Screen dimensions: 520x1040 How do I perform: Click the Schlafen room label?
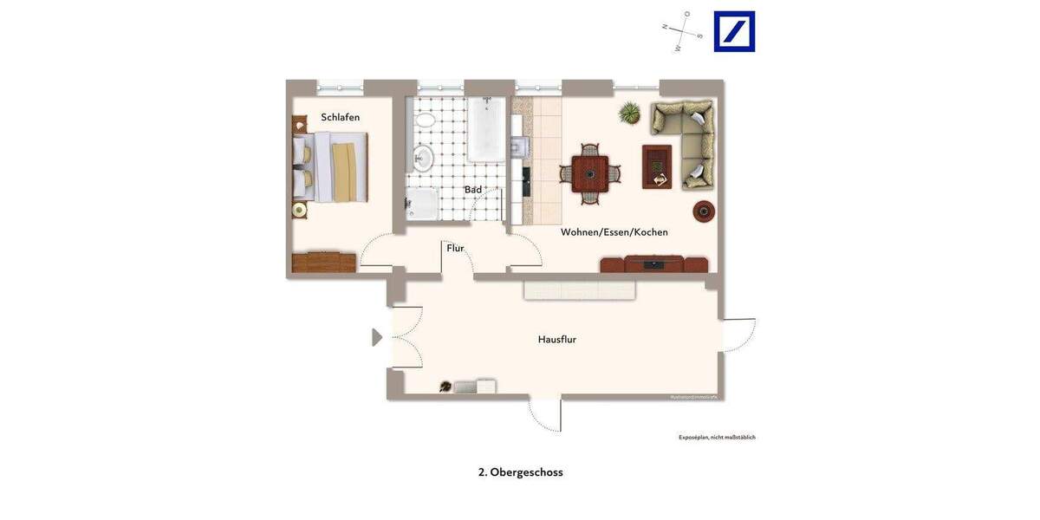(x=340, y=117)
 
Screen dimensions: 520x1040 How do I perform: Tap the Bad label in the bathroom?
(x=472, y=190)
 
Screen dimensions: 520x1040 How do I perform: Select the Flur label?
(x=455, y=248)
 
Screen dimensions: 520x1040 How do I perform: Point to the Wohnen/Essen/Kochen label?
(x=614, y=232)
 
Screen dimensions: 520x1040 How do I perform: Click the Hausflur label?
(x=556, y=340)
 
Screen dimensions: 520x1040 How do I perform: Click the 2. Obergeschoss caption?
(x=520, y=472)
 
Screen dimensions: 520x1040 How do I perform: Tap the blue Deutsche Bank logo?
(x=734, y=31)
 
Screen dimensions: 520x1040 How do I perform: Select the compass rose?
(x=683, y=32)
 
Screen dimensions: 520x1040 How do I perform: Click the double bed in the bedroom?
(x=334, y=166)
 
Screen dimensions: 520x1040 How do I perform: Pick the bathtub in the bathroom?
(x=485, y=129)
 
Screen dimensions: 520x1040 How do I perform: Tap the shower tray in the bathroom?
(x=423, y=204)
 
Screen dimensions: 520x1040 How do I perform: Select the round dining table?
(x=589, y=173)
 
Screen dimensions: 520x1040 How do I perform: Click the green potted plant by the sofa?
(x=630, y=113)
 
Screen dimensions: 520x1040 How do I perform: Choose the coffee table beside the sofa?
(x=656, y=166)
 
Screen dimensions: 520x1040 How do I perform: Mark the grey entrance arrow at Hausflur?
(x=376, y=337)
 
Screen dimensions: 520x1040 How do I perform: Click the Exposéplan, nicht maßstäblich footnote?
(x=717, y=438)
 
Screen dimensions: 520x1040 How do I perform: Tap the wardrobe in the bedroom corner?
(x=323, y=262)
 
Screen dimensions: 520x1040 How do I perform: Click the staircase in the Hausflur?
(x=579, y=290)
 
